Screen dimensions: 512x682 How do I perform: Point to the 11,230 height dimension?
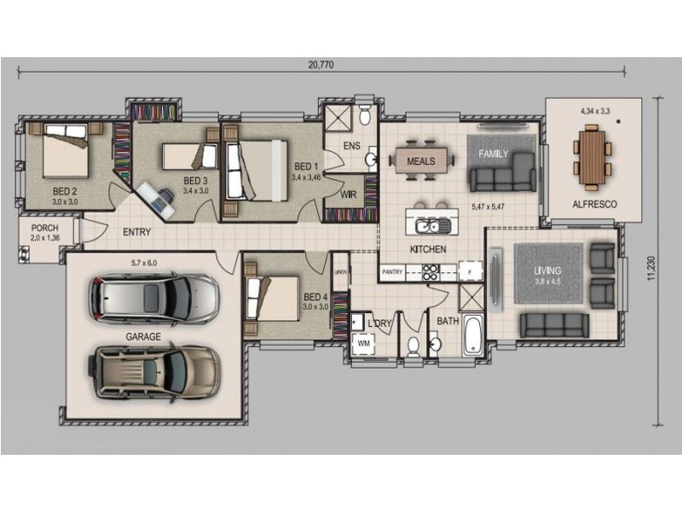coord(652,265)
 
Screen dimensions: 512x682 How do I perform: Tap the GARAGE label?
coord(143,337)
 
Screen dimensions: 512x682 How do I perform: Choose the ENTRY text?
coord(138,231)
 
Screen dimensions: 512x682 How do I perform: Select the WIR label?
coord(348,195)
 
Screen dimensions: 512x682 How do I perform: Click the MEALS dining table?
coord(421,160)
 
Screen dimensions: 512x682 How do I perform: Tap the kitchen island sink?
coord(432,226)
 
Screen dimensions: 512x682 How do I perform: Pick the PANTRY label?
coord(393,272)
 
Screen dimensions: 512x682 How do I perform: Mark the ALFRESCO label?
coord(594,205)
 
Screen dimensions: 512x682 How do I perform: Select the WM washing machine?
coord(364,343)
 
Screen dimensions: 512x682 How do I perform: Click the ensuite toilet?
coord(364,113)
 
